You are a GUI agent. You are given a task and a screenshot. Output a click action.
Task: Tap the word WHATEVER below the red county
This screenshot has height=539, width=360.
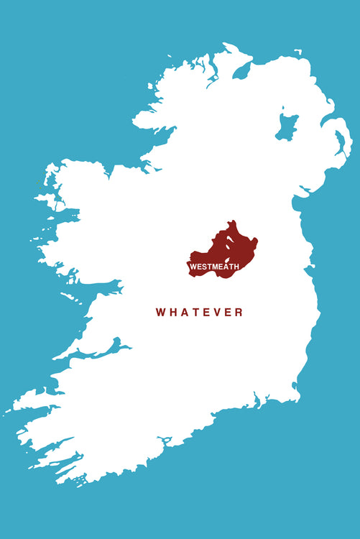(x=200, y=312)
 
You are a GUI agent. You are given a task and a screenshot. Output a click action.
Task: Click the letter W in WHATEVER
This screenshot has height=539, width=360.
(x=161, y=312)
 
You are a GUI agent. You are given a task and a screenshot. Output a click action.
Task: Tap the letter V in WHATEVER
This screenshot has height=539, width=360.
(x=218, y=312)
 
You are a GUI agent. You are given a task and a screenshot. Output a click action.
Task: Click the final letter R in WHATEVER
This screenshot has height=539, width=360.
(x=239, y=312)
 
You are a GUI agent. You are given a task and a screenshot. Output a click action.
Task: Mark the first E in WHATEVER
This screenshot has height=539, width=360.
(x=208, y=312)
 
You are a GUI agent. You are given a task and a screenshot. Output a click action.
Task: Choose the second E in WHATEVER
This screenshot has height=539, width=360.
(x=229, y=312)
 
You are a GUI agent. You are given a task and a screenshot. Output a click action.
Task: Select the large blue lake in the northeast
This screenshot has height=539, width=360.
(x=287, y=127)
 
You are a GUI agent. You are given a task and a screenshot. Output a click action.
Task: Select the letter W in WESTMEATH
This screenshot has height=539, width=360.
(x=193, y=267)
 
